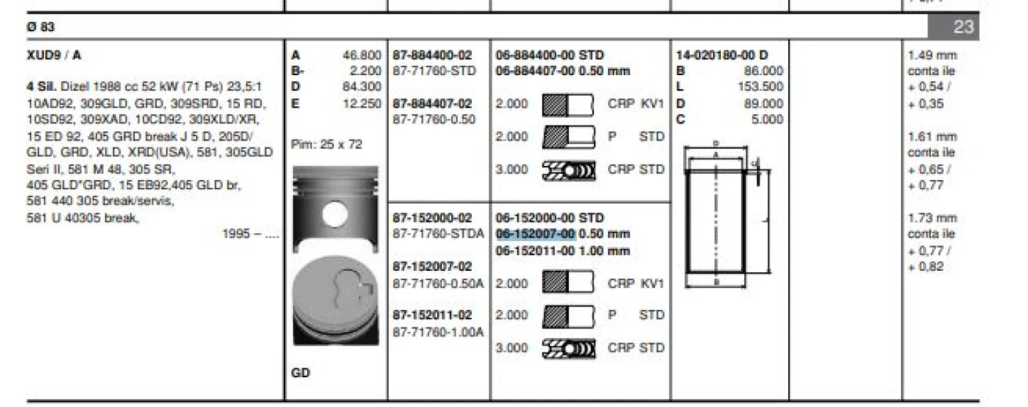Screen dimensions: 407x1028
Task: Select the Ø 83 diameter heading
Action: point(40,28)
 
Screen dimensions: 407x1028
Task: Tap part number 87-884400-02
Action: point(432,55)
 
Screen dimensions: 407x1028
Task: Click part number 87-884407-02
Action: point(432,104)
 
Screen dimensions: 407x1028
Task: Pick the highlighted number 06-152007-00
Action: point(535,234)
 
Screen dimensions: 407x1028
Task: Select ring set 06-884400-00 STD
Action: point(550,55)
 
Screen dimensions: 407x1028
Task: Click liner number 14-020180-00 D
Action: point(722,55)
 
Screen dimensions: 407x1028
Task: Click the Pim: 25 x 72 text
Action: point(327,145)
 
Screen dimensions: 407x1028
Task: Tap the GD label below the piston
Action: point(300,372)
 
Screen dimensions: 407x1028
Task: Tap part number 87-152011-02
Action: point(432,315)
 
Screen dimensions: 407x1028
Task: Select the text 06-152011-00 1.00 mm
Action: point(563,251)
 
